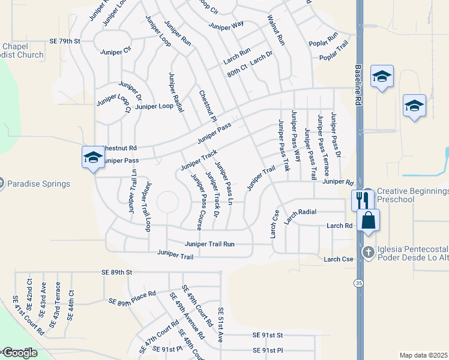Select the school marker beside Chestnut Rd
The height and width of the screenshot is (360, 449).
pos(93,157)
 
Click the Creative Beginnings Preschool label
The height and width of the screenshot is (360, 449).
pos(412,196)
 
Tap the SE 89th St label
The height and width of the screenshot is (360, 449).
pos(116,272)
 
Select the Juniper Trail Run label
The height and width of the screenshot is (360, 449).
pos(209,244)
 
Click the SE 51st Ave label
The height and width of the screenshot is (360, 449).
pos(220,325)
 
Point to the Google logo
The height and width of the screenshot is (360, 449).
pos(19,353)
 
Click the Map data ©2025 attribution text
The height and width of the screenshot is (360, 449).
pos(424,355)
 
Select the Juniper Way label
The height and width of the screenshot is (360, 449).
pos(226,25)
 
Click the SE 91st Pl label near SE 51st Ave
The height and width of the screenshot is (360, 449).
pos(267,350)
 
